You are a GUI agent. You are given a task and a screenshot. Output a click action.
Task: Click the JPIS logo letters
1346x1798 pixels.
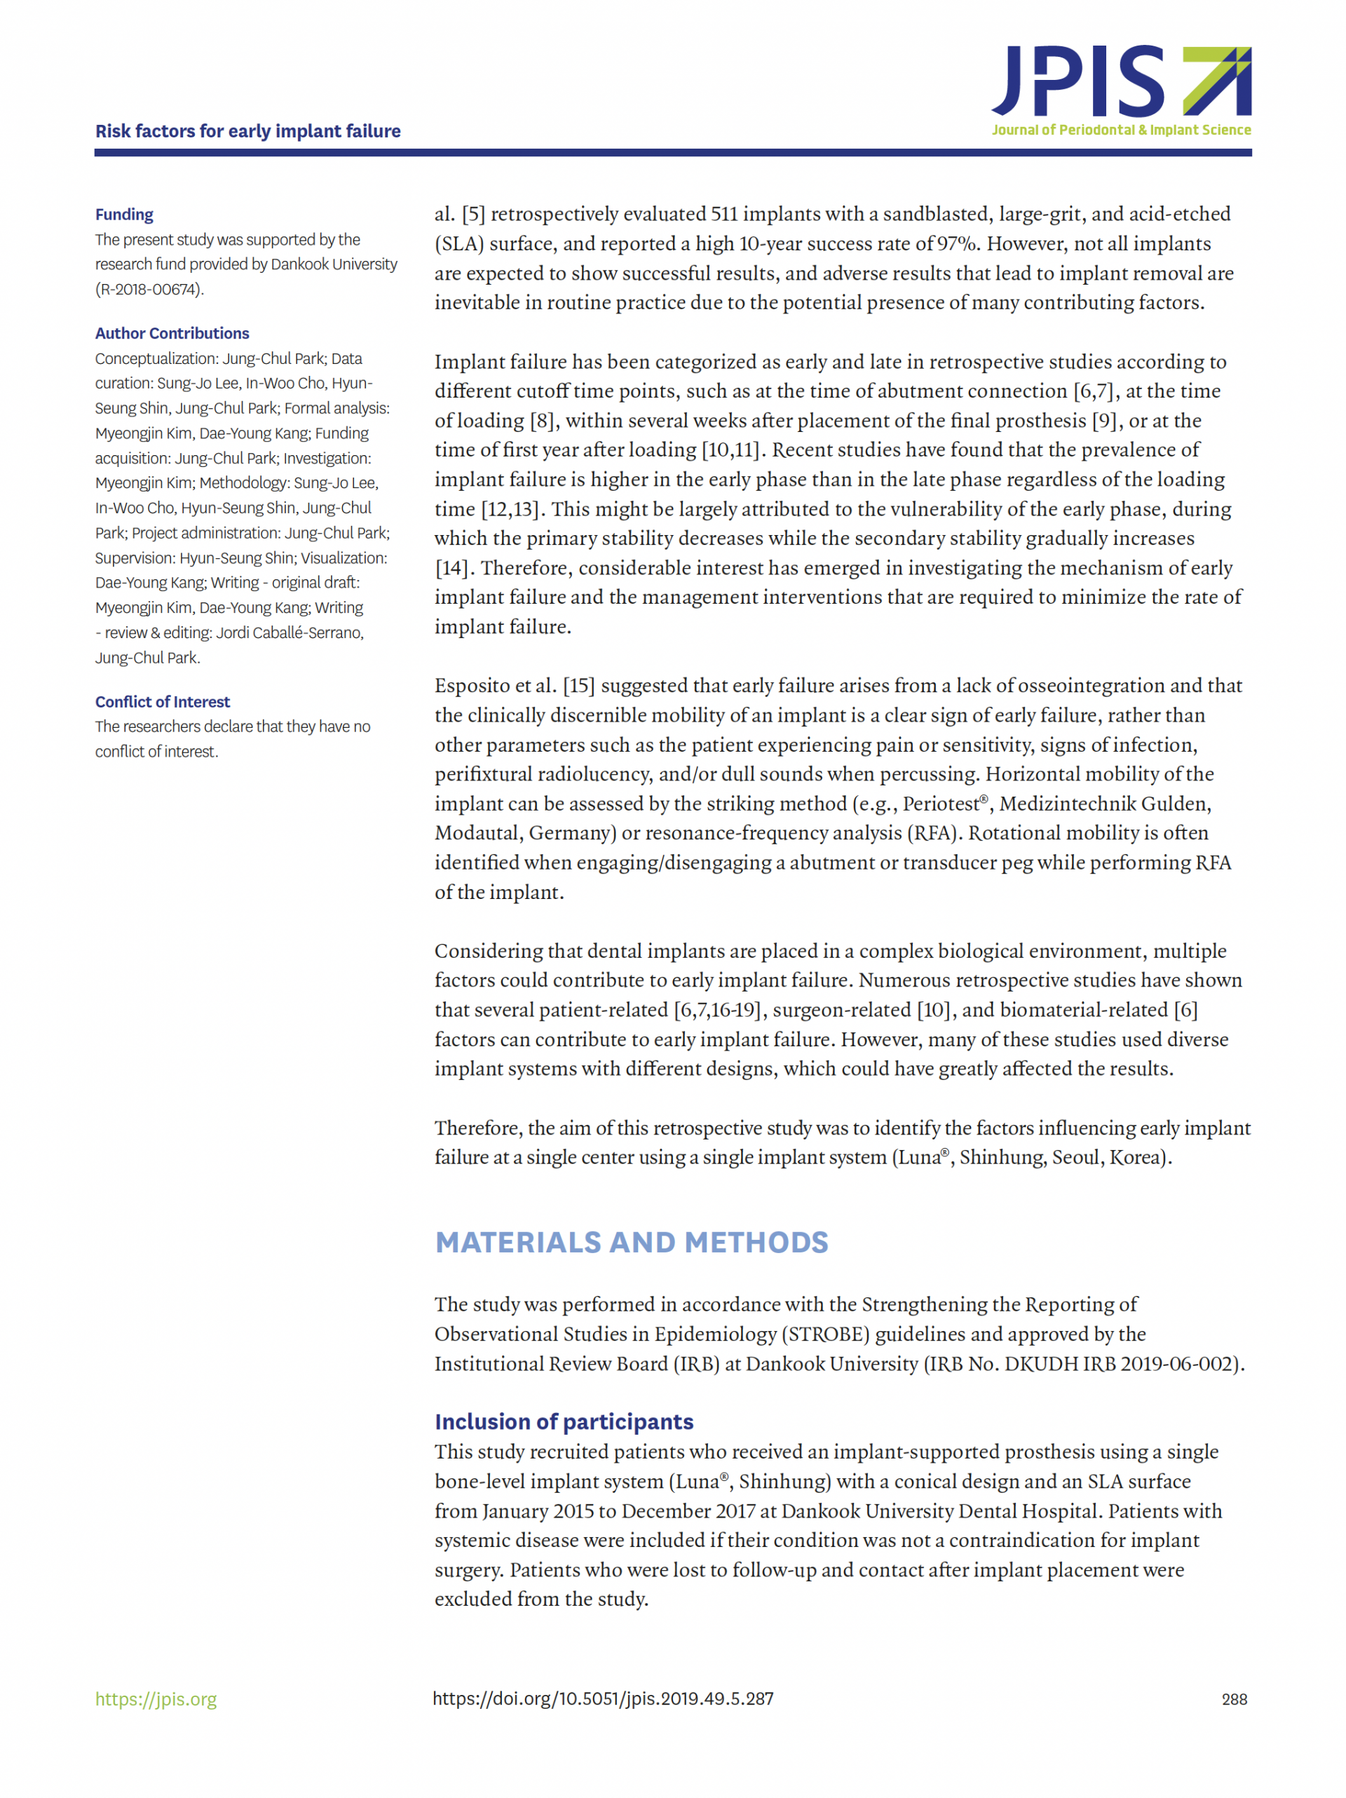1077,81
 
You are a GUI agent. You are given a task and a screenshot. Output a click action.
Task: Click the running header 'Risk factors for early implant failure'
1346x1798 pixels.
248,131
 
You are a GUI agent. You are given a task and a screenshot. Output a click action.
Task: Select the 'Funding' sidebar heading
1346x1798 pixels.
124,215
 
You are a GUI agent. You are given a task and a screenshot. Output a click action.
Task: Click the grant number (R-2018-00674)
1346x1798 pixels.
149,290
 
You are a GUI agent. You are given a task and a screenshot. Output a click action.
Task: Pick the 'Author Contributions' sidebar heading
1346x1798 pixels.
172,333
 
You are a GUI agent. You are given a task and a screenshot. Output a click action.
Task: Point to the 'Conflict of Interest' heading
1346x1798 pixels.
163,701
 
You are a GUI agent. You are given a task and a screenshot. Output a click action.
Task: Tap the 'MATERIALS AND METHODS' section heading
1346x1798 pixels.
631,1242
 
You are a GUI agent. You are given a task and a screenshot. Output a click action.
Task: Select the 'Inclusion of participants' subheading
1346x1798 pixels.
563,1421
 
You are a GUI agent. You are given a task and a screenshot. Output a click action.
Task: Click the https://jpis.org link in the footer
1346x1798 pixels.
156,1699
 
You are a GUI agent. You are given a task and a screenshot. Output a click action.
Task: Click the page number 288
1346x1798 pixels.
1233,1700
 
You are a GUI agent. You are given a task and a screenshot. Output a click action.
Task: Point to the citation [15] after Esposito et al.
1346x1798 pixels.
579,686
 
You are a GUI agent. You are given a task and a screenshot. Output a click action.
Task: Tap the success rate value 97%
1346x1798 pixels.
956,244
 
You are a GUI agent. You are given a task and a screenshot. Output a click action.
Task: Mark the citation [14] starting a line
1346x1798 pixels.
451,568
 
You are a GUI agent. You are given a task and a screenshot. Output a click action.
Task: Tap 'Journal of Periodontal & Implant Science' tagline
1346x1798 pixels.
1121,130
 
